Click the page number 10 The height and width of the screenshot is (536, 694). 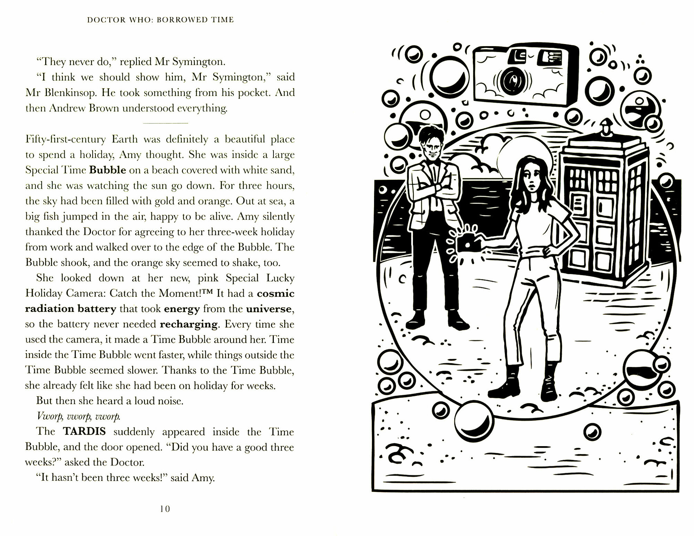[165, 509]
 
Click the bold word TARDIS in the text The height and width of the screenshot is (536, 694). [85, 432]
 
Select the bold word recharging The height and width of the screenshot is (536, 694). [189, 324]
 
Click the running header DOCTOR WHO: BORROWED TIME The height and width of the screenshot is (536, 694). [160, 20]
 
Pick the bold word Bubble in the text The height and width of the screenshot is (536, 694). [108, 170]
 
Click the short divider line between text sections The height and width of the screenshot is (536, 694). [166, 123]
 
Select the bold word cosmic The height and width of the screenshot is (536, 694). [276, 293]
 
